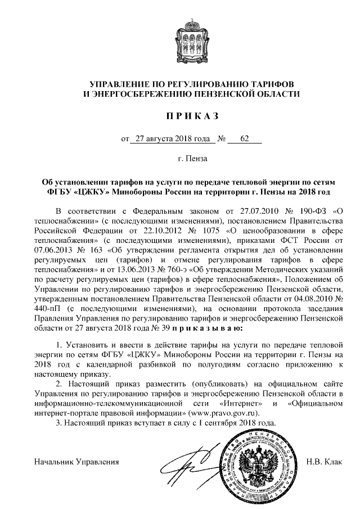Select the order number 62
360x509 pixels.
[244, 139]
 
